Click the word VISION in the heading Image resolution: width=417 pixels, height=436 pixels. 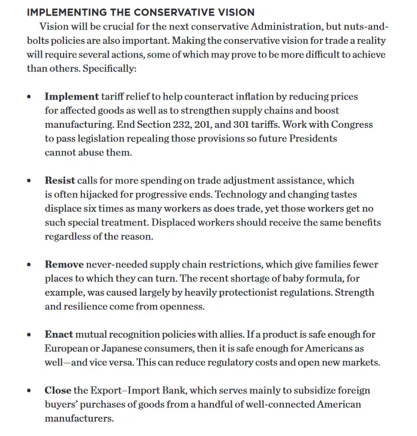point(230,12)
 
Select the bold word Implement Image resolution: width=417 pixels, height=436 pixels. point(72,96)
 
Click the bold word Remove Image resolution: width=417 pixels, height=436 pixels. point(64,264)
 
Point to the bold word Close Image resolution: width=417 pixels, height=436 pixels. point(58,390)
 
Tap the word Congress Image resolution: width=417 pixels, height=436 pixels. point(351,124)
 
